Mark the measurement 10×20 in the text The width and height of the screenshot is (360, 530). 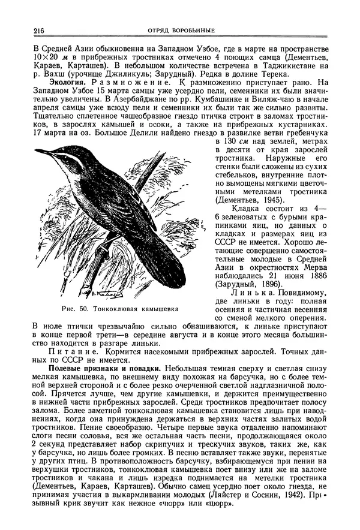coord(45,56)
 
